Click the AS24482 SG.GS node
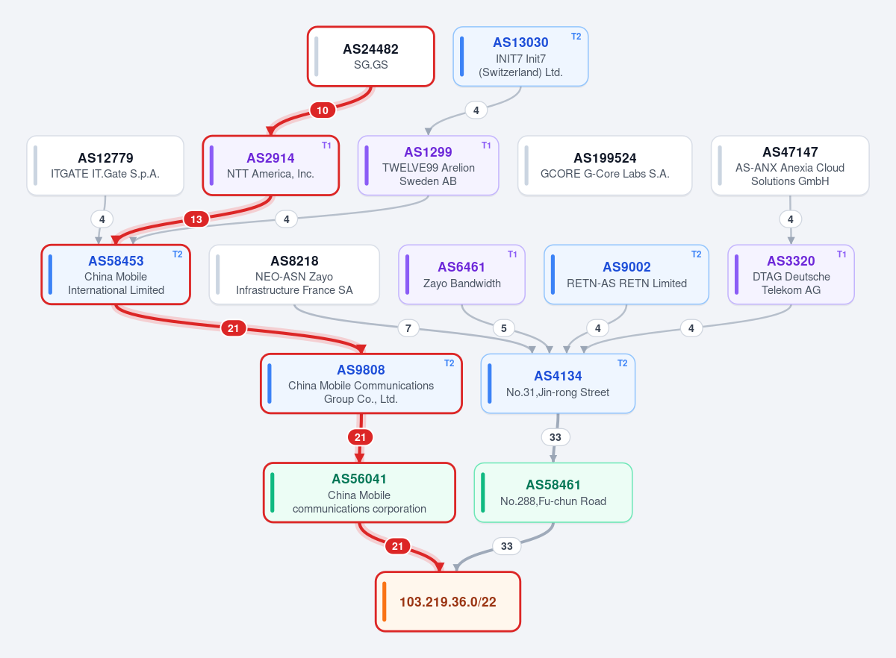coord(371,57)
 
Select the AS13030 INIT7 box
coord(520,57)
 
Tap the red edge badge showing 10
coord(323,110)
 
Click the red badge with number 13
coord(196,219)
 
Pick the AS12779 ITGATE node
coord(105,166)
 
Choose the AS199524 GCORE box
coord(605,166)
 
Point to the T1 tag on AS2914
coord(326,145)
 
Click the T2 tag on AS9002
coord(696,254)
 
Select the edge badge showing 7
coord(408,328)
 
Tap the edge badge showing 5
coord(503,328)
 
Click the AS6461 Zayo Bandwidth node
coord(461,275)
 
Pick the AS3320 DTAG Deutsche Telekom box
coord(791,275)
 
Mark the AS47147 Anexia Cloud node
coord(790,166)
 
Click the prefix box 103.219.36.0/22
coord(447,601)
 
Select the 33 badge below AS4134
coord(556,437)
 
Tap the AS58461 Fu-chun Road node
coord(553,492)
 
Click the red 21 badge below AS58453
coord(233,328)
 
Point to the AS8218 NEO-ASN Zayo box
coord(294,275)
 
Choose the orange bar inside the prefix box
coord(384,601)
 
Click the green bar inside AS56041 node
coord(272,492)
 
